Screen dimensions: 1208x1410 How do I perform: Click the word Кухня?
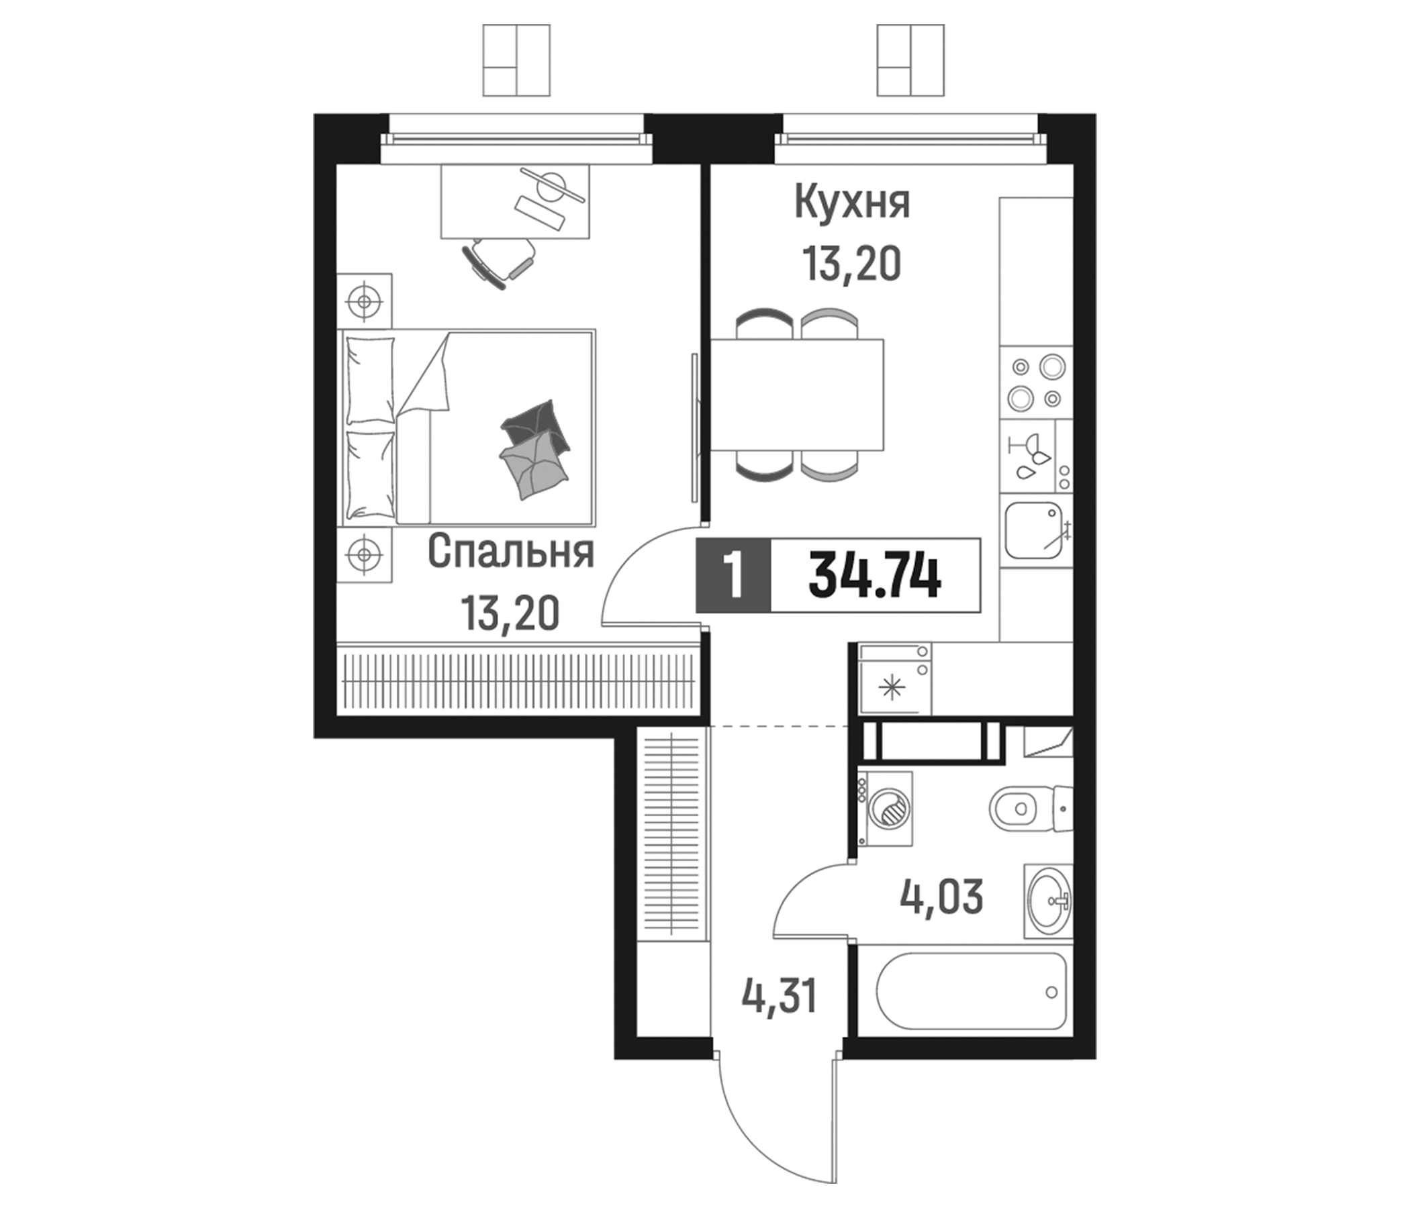click(x=852, y=203)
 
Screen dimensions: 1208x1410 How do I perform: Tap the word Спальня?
click(x=511, y=552)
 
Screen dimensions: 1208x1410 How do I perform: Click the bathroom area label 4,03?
click(x=941, y=897)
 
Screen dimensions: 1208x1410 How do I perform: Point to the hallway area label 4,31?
click(x=778, y=998)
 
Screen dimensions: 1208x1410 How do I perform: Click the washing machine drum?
click(x=890, y=809)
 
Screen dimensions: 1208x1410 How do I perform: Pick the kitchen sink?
click(x=1033, y=530)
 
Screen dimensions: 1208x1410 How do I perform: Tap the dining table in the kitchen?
click(x=797, y=395)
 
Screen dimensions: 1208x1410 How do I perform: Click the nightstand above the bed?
click(x=365, y=300)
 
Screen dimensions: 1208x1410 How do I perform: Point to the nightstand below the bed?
click(x=365, y=555)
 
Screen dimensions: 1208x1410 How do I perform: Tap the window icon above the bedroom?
click(x=516, y=60)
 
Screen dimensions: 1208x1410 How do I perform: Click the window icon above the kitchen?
click(x=910, y=60)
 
